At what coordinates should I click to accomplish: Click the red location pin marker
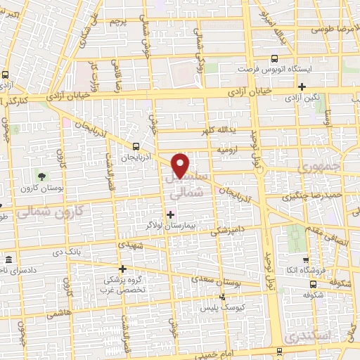click(x=181, y=166)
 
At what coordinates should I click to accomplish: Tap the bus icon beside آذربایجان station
click(x=136, y=146)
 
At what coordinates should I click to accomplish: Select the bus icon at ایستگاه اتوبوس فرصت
click(x=274, y=59)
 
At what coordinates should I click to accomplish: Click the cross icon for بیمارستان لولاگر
click(x=170, y=213)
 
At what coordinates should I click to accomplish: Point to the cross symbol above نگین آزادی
click(x=302, y=87)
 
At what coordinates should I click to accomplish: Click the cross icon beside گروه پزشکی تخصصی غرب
click(x=122, y=268)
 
